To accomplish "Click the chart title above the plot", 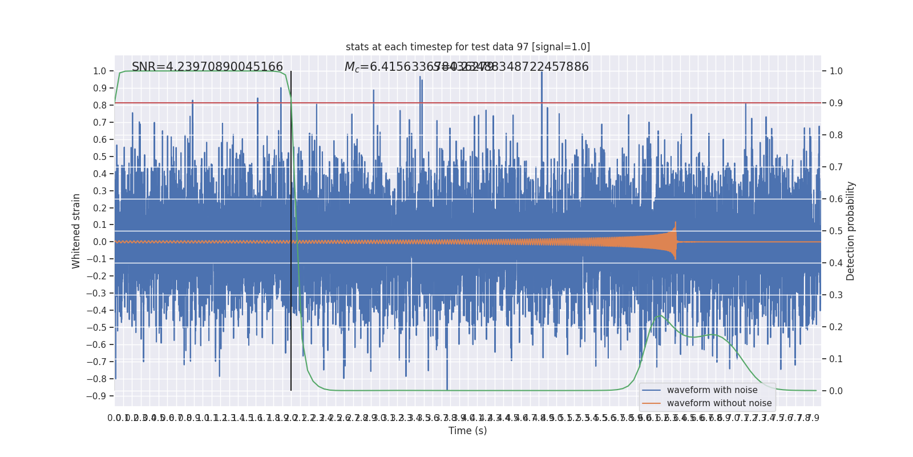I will click(468, 47).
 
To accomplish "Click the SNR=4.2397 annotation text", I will click(207, 67).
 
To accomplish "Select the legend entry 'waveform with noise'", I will click(712, 390).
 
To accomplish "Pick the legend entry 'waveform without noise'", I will click(718, 403).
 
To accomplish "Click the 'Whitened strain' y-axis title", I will click(76, 231).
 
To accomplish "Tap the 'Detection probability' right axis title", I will click(851, 231).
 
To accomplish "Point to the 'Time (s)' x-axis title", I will click(468, 431).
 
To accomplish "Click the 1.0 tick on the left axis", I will click(99, 71).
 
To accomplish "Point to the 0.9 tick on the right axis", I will click(836, 103).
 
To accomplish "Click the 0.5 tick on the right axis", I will click(836, 231).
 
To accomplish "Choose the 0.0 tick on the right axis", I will click(836, 391).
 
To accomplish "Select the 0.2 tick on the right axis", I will click(836, 327).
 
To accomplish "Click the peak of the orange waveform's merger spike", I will click(676, 223).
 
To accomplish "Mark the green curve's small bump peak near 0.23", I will click(661, 315).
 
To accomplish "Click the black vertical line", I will click(291, 228).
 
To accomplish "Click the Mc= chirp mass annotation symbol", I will click(352, 67).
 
